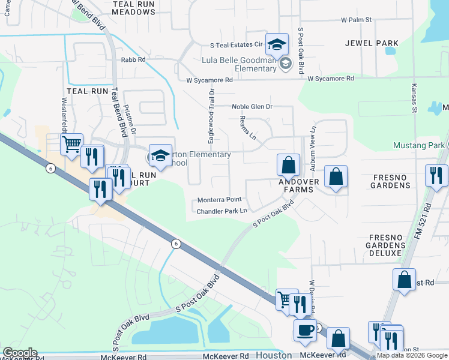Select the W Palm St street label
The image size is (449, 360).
click(x=357, y=20)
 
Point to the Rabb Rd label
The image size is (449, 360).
click(x=133, y=60)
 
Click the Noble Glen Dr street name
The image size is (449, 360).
click(x=252, y=107)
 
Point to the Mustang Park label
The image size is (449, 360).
click(x=418, y=145)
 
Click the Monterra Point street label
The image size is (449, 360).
click(x=220, y=200)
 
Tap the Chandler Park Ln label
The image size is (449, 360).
click(x=222, y=211)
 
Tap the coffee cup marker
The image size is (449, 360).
click(x=305, y=329)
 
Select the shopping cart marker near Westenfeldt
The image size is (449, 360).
click(x=71, y=143)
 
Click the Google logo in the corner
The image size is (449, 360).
click(x=20, y=353)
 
